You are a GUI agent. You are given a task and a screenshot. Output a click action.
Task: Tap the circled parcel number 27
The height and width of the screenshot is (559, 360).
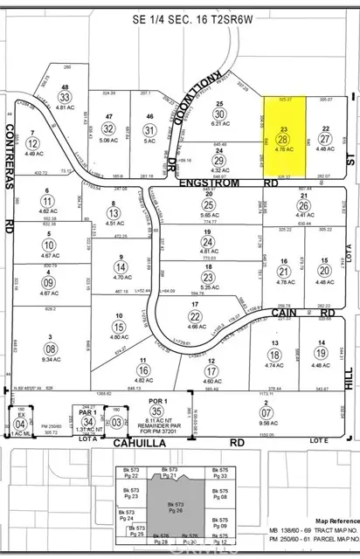point(324,139)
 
